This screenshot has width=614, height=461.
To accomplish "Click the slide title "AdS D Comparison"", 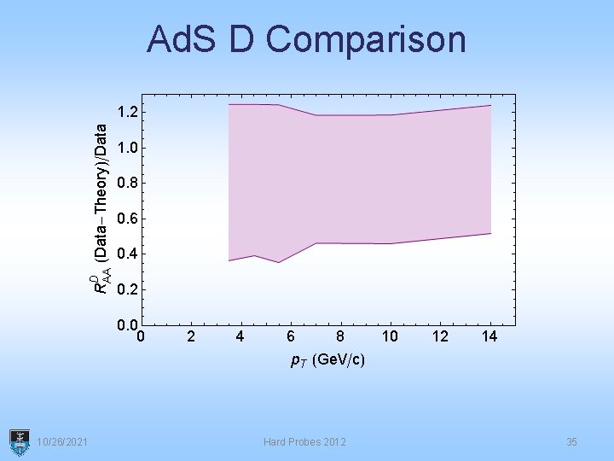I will [306, 39].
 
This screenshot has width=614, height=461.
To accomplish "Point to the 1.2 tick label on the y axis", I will [129, 112].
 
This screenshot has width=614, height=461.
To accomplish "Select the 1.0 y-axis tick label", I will [129, 148].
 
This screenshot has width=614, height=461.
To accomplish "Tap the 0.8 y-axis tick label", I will [129, 183].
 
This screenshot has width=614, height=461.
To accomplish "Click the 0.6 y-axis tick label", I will [129, 219].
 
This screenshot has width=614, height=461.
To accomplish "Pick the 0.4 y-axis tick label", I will [129, 254].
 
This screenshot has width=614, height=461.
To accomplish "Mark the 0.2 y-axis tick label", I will [129, 289].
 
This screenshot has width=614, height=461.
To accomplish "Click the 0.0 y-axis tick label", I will [128, 324].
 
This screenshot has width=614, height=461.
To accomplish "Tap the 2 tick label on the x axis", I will [190, 336].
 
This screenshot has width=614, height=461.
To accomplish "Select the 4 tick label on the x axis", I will [240, 336].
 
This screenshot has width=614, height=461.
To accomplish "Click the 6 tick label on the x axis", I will [290, 336].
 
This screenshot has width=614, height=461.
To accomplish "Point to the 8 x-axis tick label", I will [339, 336].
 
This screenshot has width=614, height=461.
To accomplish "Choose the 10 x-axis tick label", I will [390, 336].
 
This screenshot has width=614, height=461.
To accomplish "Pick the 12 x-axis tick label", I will [439, 336].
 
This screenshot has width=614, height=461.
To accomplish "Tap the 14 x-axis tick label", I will [489, 336].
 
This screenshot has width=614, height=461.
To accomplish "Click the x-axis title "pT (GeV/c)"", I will [327, 360].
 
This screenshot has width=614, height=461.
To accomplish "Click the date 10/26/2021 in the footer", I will [61, 441].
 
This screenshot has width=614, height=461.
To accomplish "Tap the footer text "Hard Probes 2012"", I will [304, 441].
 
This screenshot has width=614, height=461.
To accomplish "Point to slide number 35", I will [571, 441].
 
